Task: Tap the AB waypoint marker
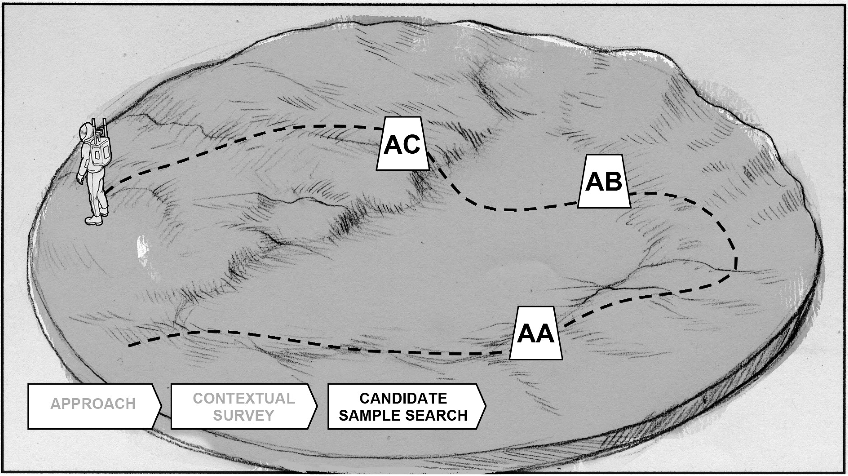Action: coord(604,181)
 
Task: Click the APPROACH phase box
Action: coord(93,406)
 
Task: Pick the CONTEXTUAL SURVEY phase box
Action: coord(243,406)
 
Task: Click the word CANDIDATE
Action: coord(403,398)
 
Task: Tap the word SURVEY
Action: coord(244,415)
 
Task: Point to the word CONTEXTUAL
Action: coord(244,398)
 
